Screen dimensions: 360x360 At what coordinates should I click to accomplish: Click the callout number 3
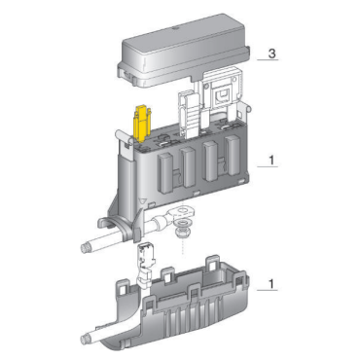[x=271, y=54]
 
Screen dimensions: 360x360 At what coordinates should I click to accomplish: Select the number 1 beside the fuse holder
[x=271, y=161]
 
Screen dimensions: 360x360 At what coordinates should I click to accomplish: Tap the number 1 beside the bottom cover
[x=271, y=284]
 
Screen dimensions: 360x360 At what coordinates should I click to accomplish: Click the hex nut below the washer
[x=181, y=232]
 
